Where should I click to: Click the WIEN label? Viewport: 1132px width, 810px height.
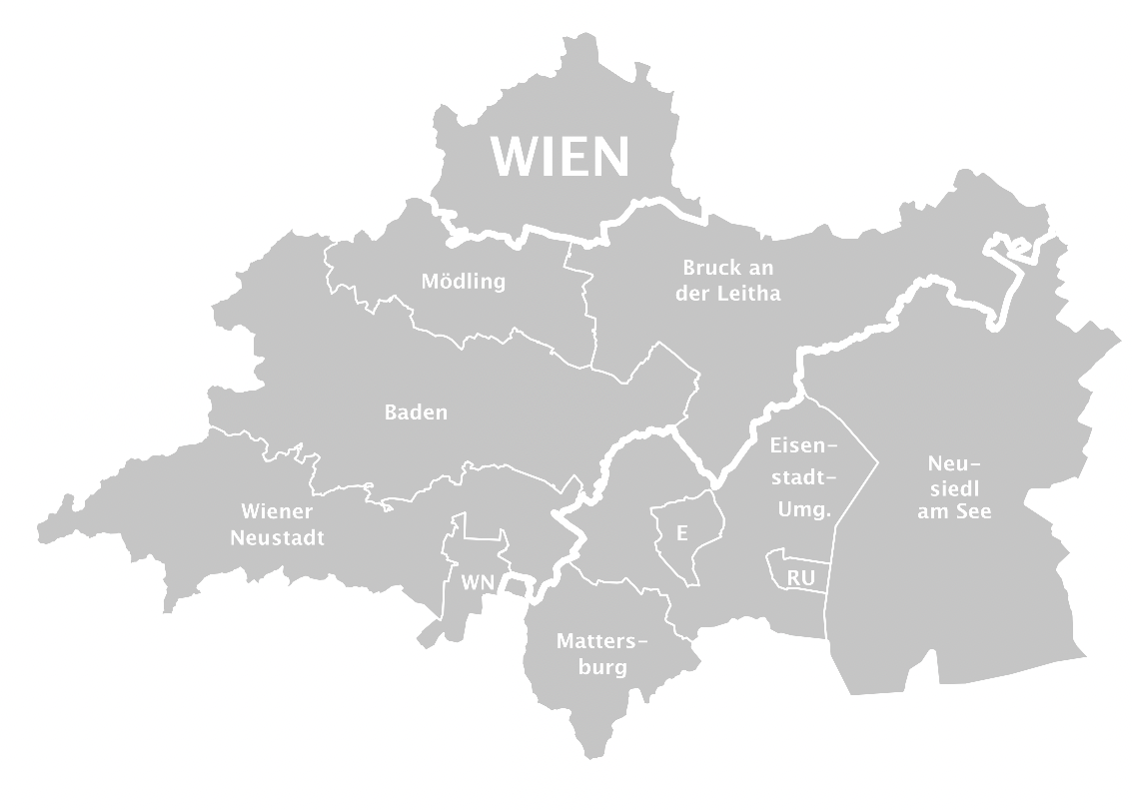tap(561, 156)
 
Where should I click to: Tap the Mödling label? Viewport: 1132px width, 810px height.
tap(463, 281)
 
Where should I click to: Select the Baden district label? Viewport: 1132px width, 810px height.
tap(416, 411)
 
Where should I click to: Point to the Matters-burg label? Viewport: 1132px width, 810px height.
tap(601, 654)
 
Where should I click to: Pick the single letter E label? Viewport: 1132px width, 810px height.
tap(681, 533)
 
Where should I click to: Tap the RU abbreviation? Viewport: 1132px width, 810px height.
tap(800, 577)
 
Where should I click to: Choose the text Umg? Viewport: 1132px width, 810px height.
tap(803, 508)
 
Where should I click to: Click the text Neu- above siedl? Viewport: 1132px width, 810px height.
tap(954, 463)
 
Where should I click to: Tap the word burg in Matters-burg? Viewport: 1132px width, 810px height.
tap(601, 667)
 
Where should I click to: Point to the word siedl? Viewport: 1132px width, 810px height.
tap(954, 487)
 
